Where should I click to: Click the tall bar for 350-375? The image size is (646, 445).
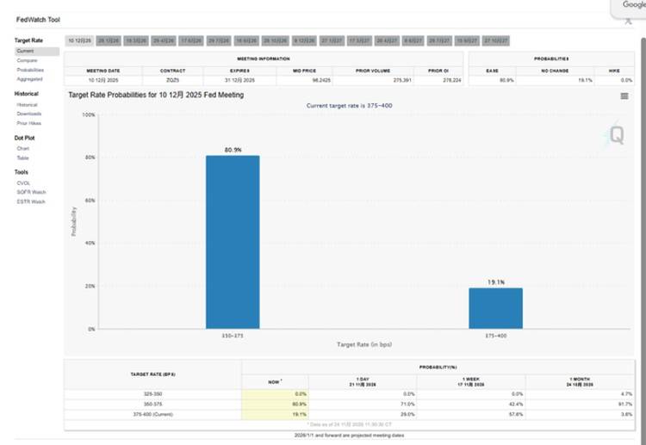(233, 242)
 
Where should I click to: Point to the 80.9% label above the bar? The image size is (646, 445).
(233, 150)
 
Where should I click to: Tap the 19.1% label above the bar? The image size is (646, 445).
(496, 282)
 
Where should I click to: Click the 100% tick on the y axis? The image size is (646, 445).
(89, 114)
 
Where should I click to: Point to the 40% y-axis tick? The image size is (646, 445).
(90, 244)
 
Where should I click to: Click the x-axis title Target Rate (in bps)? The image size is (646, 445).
(364, 344)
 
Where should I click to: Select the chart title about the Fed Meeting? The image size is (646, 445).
(156, 95)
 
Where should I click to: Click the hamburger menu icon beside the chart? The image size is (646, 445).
(624, 96)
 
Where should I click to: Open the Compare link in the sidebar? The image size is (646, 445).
(27, 60)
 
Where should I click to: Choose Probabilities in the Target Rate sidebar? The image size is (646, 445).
(30, 70)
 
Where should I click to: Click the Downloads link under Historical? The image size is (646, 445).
(29, 114)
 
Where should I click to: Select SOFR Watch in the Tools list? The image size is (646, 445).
(31, 192)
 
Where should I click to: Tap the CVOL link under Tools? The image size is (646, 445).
(23, 182)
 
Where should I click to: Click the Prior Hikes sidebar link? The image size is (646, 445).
(29, 123)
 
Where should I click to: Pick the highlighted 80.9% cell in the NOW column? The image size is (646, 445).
(275, 403)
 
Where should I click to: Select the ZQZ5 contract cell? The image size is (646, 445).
(172, 79)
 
